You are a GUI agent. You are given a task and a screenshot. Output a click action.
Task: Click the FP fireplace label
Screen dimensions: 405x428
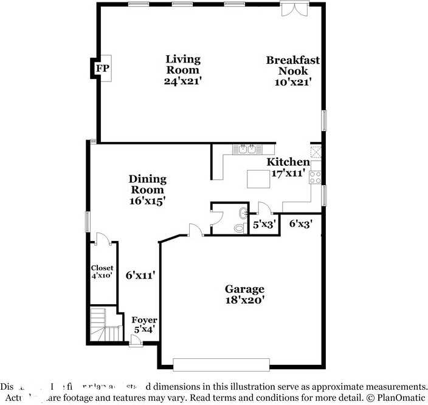pos(102,69)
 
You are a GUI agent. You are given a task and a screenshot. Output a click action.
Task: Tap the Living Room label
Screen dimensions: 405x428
pos(182,69)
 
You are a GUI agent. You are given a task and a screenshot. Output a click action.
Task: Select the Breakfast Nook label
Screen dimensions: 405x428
pos(292,70)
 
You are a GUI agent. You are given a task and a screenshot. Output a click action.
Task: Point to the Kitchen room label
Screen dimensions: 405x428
pos(288,167)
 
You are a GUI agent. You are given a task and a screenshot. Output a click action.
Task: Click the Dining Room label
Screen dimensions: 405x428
pos(147,189)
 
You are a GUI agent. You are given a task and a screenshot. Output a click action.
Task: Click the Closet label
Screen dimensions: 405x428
pos(102,271)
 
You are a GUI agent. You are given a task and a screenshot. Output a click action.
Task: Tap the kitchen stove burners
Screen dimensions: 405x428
pos(316,177)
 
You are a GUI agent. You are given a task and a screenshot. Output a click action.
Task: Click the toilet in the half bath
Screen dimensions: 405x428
pos(240,228)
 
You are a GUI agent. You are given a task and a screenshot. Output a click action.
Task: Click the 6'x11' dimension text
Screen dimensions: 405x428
pos(140,275)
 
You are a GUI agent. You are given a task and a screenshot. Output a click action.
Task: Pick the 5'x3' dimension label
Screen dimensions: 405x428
pos(264,224)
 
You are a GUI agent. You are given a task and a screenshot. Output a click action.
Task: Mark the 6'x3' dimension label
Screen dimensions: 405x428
pos(300,223)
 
